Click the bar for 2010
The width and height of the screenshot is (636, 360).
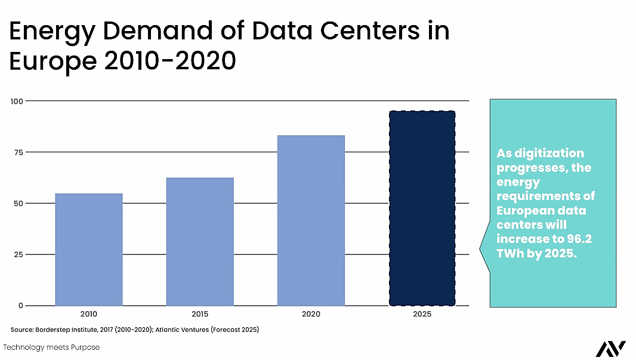89,249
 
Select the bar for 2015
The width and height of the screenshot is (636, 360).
200,241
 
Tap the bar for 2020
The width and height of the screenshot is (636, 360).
311,220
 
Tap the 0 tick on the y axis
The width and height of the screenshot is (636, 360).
20,306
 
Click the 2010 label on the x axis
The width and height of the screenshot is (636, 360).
88,314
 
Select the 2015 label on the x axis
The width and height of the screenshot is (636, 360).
200,314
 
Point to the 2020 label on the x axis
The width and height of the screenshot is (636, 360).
311,314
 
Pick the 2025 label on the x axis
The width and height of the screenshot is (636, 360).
422,314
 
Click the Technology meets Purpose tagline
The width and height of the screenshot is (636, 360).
51,347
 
